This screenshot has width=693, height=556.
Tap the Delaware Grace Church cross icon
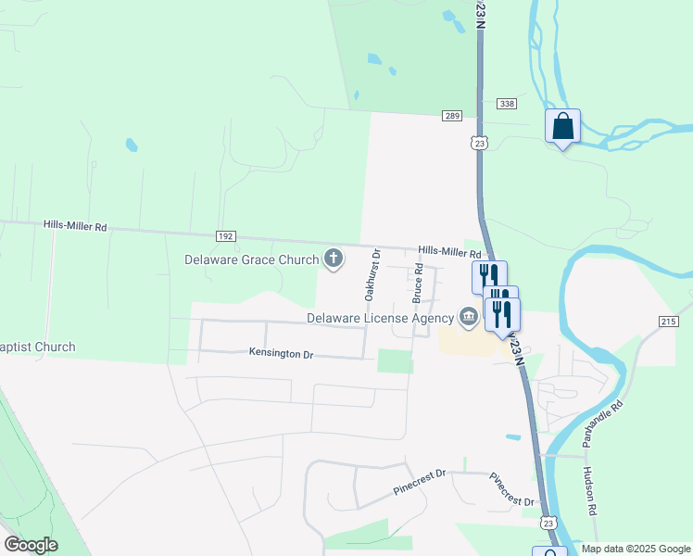(332, 260)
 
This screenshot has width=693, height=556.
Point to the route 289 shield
(451, 116)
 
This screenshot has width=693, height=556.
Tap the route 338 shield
(506, 104)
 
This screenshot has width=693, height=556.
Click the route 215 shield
(669, 321)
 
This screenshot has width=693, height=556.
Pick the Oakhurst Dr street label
(372, 274)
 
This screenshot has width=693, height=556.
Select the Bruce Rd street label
(418, 284)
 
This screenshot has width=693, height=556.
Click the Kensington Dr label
(282, 352)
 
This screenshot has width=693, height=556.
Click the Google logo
(31, 545)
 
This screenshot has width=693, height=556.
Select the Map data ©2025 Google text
(636, 549)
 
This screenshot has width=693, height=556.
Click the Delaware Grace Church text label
(252, 260)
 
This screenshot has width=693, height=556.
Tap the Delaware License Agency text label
(381, 319)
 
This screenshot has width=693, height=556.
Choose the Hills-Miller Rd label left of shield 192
(75, 226)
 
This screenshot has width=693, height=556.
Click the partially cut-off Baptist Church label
(38, 347)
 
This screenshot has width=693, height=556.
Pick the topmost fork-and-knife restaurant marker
(488, 276)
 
